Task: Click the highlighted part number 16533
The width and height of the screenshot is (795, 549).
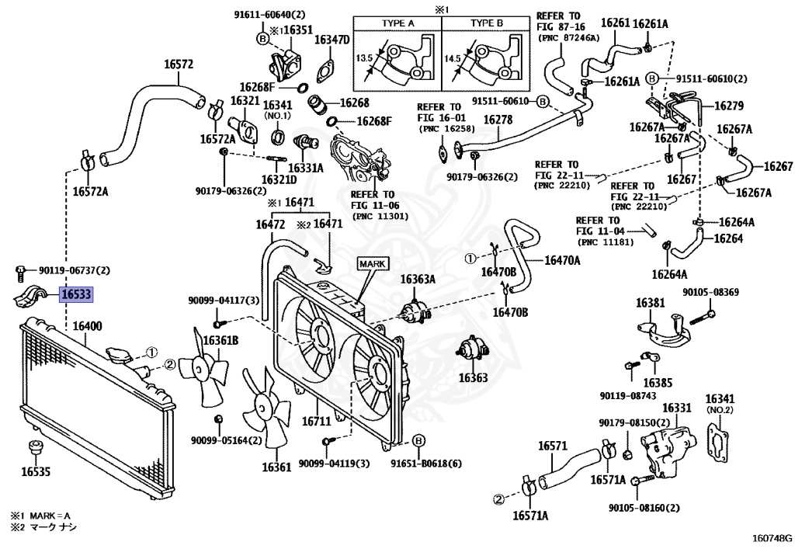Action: [x=75, y=294]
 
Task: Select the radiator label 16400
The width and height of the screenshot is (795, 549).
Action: [x=87, y=327]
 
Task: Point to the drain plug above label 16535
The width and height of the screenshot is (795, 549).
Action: [x=33, y=448]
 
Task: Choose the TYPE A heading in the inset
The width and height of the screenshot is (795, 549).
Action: [x=397, y=24]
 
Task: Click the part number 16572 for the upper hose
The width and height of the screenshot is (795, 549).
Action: [x=178, y=64]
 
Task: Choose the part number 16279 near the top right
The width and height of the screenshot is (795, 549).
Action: [x=728, y=106]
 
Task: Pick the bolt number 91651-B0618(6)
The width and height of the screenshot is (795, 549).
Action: [x=425, y=464]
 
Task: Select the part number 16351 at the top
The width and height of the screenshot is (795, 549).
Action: [x=298, y=30]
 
